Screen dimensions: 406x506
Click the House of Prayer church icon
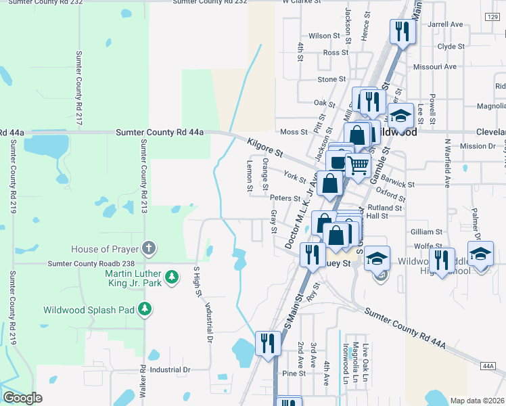click(x=149, y=248)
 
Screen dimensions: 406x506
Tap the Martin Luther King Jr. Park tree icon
click(x=172, y=277)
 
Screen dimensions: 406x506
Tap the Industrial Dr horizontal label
click(x=170, y=370)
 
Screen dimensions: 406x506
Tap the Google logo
click(x=22, y=398)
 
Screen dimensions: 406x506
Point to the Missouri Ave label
click(x=436, y=67)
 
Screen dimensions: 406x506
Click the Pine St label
click(x=294, y=374)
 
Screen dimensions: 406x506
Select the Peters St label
click(x=285, y=198)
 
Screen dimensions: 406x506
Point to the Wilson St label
click(x=323, y=36)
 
